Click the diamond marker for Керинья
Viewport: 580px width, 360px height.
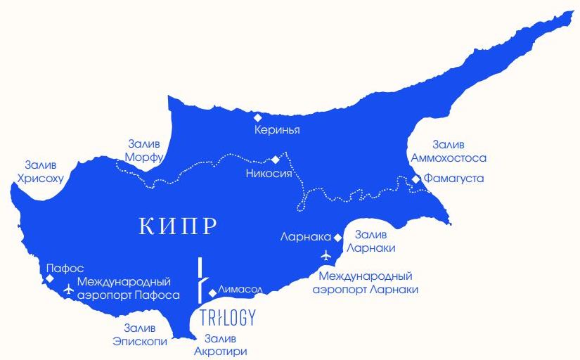[258, 117]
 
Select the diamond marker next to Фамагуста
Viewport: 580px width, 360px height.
[416, 179]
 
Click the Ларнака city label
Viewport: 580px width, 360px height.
[306, 237]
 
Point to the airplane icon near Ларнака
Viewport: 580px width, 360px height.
[325, 255]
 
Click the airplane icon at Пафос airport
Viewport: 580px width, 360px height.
[67, 288]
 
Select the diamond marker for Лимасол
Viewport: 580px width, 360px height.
[212, 292]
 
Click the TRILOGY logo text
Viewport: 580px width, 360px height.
[227, 317]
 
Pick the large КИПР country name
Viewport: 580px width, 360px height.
[177, 226]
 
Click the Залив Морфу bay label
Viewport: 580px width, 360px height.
[146, 149]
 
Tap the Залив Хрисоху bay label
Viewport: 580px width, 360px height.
[44, 172]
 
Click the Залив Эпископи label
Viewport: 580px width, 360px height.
[140, 335]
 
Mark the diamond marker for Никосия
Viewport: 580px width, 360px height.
[276, 160]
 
